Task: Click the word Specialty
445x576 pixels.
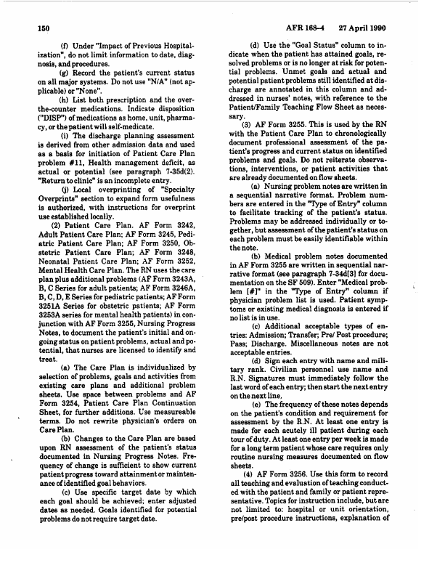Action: click(181, 206)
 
